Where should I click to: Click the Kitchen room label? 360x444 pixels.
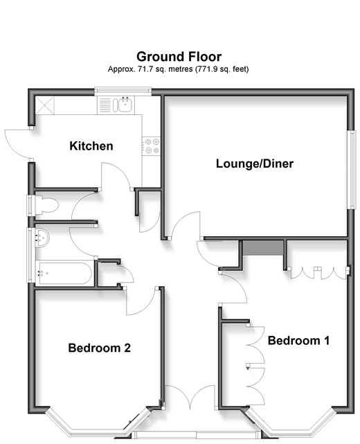tap(91, 146)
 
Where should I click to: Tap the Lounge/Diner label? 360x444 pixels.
tap(255, 163)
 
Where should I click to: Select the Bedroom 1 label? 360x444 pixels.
tap(298, 340)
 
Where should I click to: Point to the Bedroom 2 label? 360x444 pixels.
tap(99, 348)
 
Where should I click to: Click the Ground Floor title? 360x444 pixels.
tap(179, 57)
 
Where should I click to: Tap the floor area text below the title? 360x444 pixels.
tap(178, 69)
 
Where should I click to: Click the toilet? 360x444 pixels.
tap(46, 204)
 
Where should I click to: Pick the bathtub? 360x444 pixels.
tap(64, 273)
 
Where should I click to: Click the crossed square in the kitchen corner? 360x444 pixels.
tap(44, 105)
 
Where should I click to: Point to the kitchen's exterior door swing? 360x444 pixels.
tap(19, 143)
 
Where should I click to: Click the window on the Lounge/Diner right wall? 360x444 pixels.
tap(351, 169)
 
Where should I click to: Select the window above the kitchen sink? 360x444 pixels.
tap(123, 90)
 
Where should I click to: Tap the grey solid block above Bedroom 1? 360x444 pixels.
tap(263, 247)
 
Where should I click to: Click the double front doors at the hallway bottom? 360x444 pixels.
tap(190, 397)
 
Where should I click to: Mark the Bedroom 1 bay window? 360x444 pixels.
tap(291, 423)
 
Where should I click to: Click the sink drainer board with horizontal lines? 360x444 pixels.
tap(105, 105)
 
